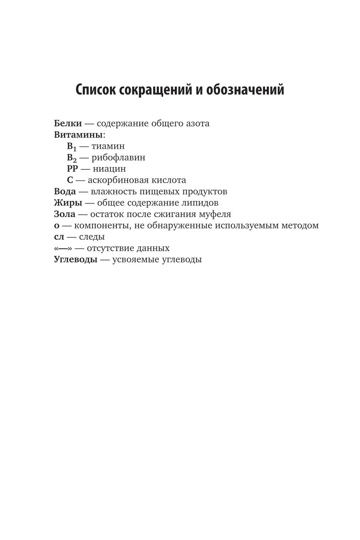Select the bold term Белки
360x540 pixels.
click(68, 123)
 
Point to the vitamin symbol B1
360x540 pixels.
click(72, 146)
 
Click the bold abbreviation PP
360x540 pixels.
click(72, 169)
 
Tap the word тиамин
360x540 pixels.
click(108, 146)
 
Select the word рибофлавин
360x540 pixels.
click(118, 157)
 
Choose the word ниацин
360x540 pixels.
click(109, 169)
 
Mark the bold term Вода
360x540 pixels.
click(65, 191)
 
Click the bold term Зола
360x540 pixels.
click(64, 214)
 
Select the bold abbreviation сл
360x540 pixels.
click(59, 237)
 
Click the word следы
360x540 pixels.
click(92, 237)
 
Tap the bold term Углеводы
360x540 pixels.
click(76, 259)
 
